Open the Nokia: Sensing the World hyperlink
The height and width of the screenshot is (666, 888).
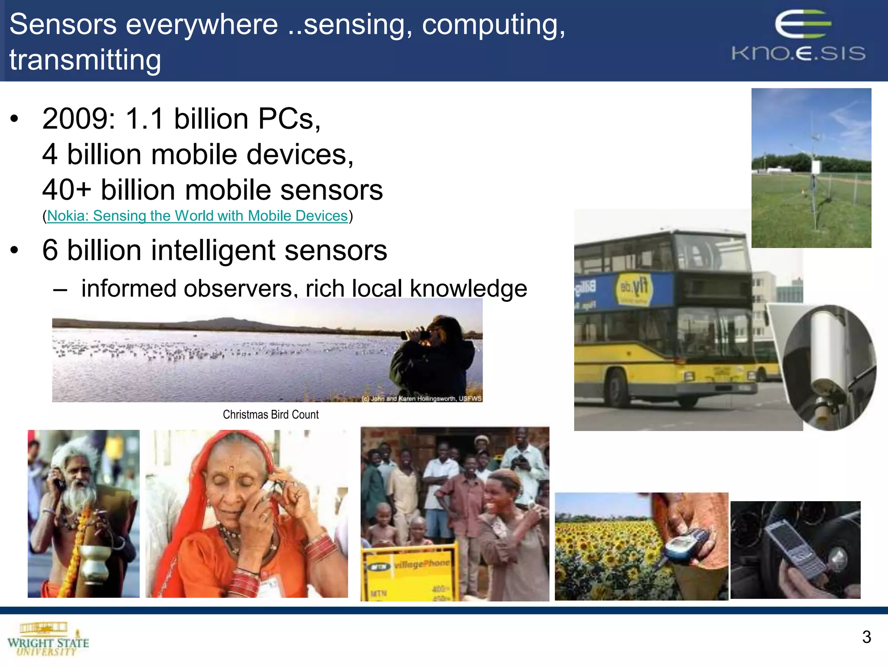(x=197, y=215)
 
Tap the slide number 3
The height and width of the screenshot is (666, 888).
(x=866, y=637)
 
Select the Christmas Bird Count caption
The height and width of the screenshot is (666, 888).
(x=271, y=415)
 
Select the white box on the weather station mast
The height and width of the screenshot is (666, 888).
(x=816, y=166)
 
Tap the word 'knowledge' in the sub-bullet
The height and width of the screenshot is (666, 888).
(x=468, y=288)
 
